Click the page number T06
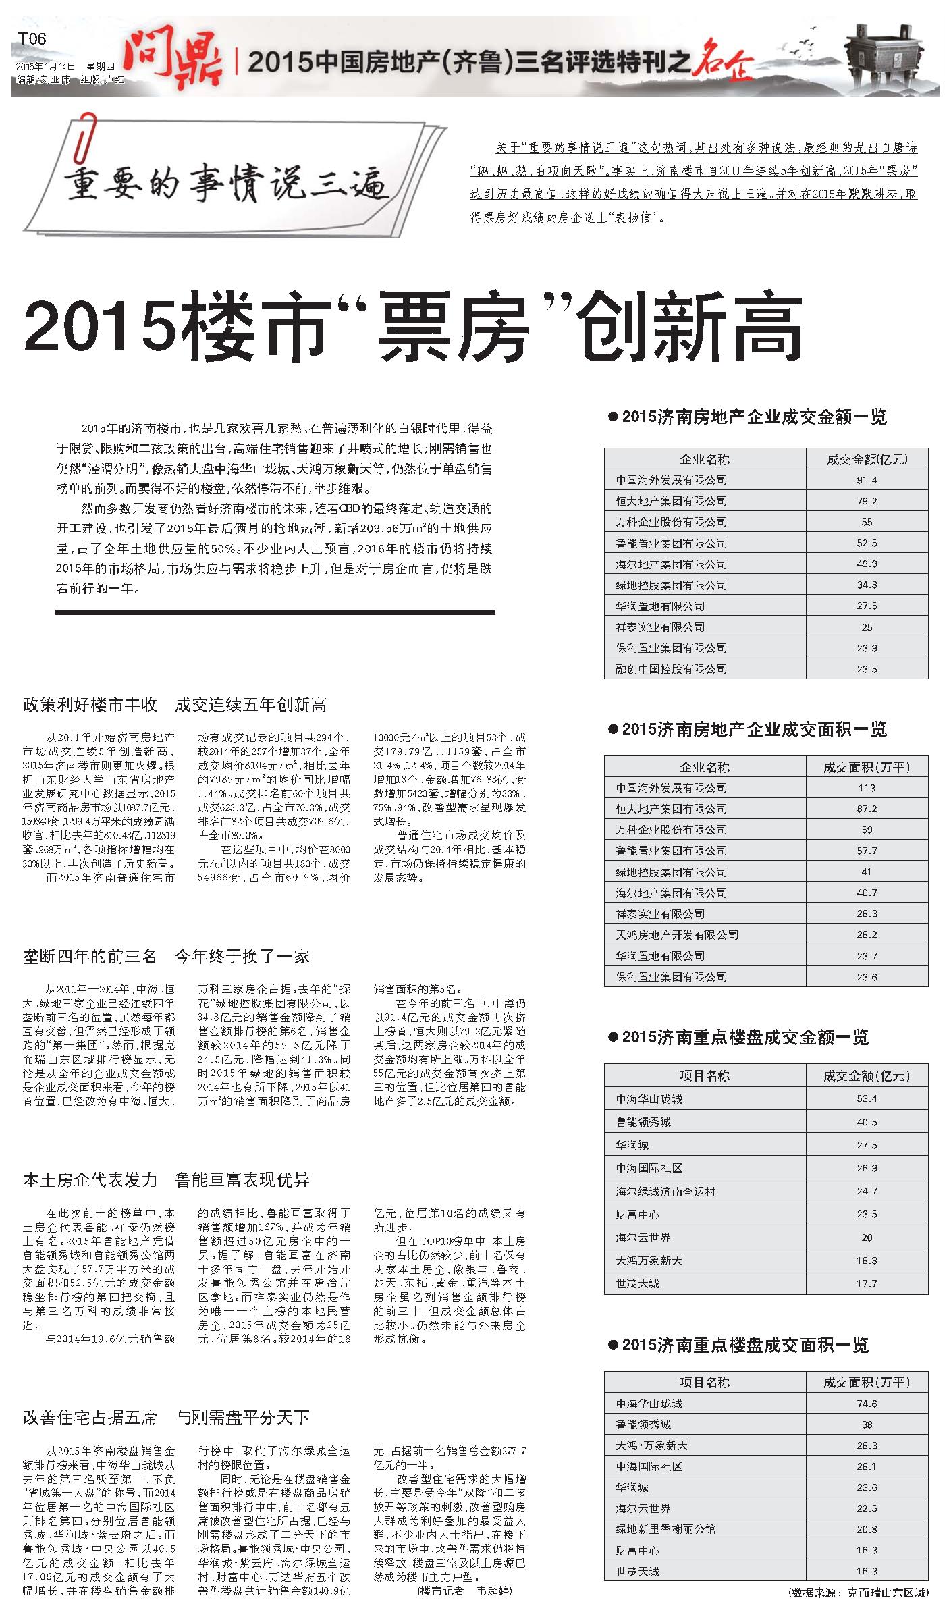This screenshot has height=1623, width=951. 32,38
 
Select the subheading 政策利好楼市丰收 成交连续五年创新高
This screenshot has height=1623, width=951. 175,705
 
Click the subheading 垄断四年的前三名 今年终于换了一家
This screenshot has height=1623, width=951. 166,956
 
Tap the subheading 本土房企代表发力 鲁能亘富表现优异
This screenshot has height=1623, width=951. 166,1179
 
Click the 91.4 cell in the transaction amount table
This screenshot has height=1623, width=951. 867,480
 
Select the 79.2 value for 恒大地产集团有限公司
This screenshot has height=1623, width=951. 867,501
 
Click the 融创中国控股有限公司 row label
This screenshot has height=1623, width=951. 671,669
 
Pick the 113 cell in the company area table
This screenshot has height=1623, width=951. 867,788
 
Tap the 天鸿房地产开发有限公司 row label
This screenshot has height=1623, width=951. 676,935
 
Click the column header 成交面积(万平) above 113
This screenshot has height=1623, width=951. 867,767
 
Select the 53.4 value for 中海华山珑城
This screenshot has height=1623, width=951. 867,1098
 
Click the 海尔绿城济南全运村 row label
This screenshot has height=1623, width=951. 665,1192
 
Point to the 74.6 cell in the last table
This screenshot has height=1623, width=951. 867,1404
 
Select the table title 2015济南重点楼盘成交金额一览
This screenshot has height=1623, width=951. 744,1037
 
